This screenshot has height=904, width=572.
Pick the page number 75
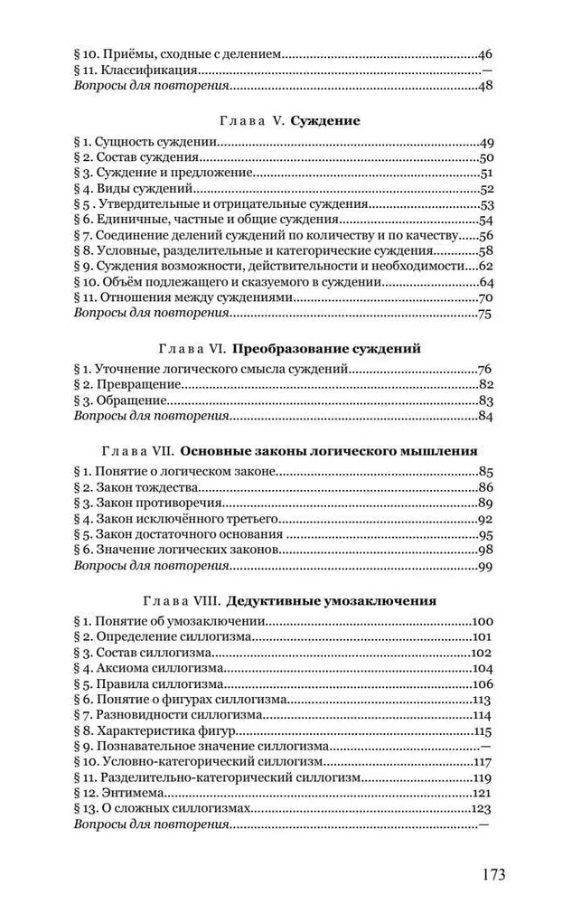coord(483,314)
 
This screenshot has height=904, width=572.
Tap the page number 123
coord(481,809)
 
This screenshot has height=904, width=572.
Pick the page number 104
coord(481,668)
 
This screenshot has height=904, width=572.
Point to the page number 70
coord(483,297)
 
